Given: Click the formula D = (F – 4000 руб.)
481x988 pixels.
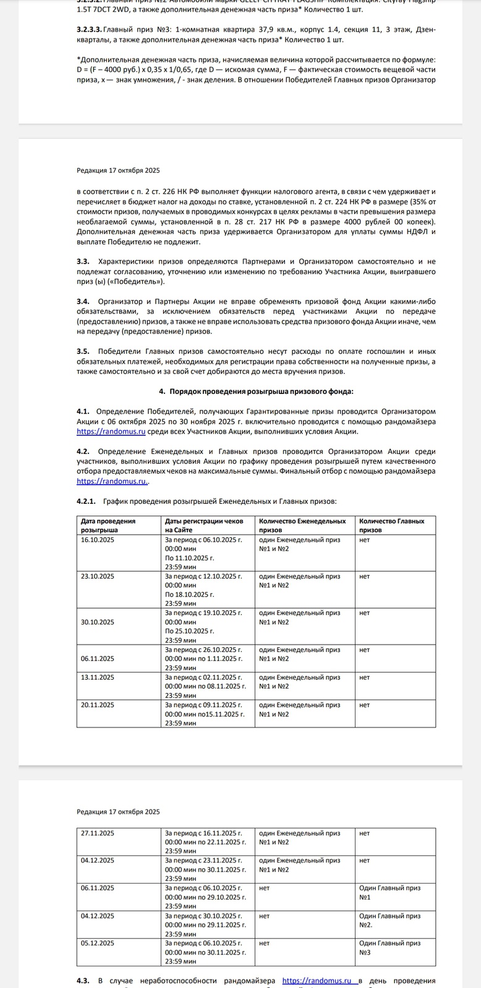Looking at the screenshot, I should (x=118, y=70).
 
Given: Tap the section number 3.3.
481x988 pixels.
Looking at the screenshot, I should (x=83, y=262).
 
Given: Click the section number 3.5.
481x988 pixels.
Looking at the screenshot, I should (x=83, y=351).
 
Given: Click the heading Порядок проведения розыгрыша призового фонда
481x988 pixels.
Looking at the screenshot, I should (x=260, y=391).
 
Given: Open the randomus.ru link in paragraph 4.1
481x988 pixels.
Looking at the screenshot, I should (x=111, y=432).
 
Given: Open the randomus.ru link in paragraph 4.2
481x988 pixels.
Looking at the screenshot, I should (x=112, y=481).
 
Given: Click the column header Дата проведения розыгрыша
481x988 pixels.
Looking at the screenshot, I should (x=108, y=525).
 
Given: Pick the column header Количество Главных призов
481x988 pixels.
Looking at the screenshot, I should (x=391, y=525).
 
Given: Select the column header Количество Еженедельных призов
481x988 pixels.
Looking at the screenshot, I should (x=302, y=525).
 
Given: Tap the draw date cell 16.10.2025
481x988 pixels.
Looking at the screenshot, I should (x=98, y=540).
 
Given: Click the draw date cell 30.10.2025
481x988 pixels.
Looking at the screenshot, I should (x=98, y=622).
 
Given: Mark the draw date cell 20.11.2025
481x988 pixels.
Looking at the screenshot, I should (x=98, y=705).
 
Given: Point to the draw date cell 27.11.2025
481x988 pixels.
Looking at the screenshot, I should (x=98, y=833).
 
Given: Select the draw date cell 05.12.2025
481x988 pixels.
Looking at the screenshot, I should (x=98, y=943).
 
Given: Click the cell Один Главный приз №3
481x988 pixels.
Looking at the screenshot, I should (x=389, y=947).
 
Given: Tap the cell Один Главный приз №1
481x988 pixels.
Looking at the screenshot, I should (x=389, y=892).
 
